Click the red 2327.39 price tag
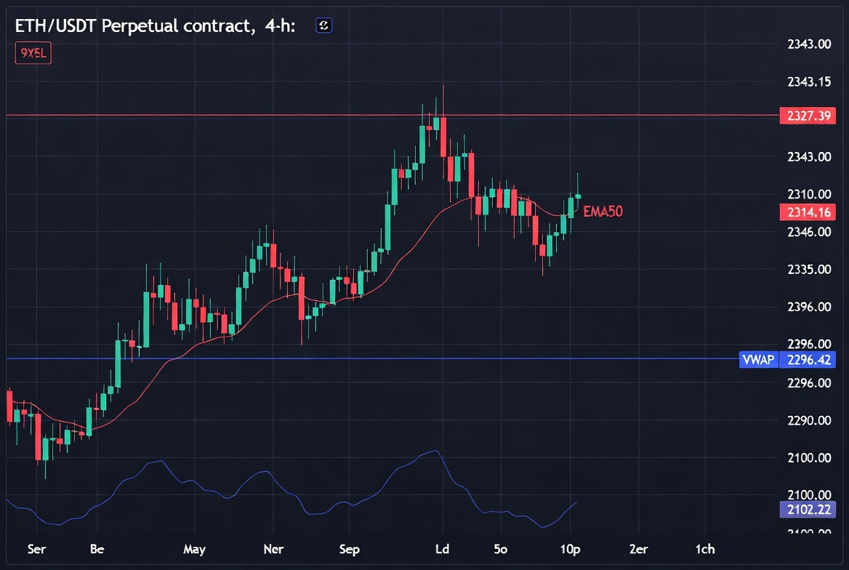pyautogui.click(x=808, y=116)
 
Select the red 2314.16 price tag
pyautogui.click(x=808, y=212)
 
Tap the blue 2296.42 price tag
pyautogui.click(x=808, y=359)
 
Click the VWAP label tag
pyautogui.click(x=758, y=359)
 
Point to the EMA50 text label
pyautogui.click(x=603, y=212)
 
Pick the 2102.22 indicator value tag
pyautogui.click(x=808, y=510)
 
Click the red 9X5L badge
pyautogui.click(x=33, y=53)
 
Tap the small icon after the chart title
pyautogui.click(x=323, y=26)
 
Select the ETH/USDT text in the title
pyautogui.click(x=55, y=26)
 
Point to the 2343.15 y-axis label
pyautogui.click(x=809, y=81)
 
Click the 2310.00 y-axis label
pyautogui.click(x=809, y=194)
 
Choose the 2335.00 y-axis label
pyautogui.click(x=809, y=270)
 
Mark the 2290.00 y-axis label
pyautogui.click(x=809, y=420)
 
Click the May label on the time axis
pyautogui.click(x=194, y=549)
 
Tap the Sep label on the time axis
pyautogui.click(x=350, y=549)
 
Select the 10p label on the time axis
pyautogui.click(x=570, y=549)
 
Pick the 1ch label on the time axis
pyautogui.click(x=704, y=549)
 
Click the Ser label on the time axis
pyautogui.click(x=36, y=549)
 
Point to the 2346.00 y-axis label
pyautogui.click(x=809, y=232)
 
